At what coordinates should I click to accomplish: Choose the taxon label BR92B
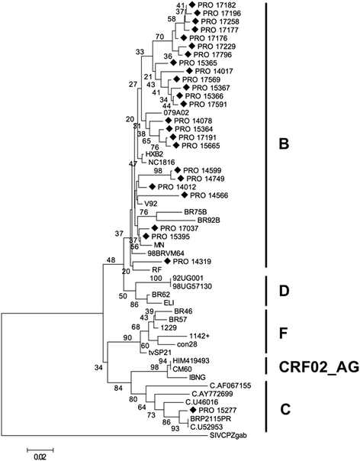(209, 219)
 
